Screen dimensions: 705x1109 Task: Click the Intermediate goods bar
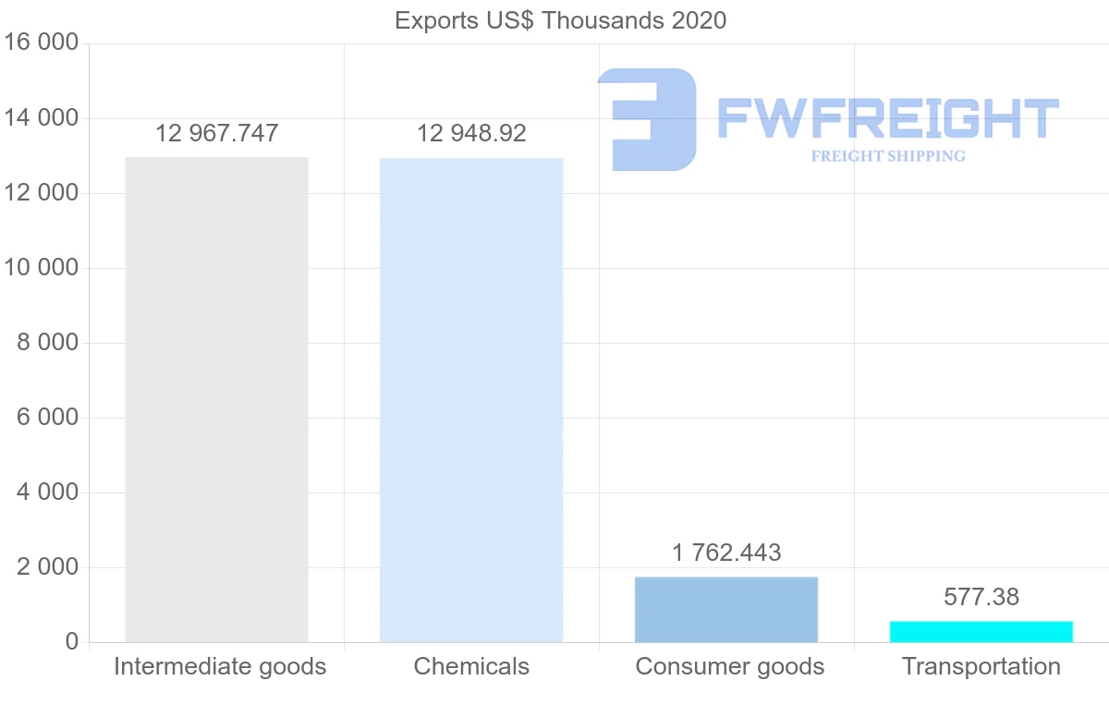pos(216,399)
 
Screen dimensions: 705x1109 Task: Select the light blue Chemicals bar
pos(471,399)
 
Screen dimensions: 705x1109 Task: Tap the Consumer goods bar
pos(726,609)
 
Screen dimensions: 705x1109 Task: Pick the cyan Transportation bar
pos(981,631)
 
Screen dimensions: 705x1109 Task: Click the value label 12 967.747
pos(216,133)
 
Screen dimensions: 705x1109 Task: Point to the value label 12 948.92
pos(471,133)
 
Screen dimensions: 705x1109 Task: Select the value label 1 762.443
pos(726,553)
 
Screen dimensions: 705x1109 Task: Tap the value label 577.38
pos(981,597)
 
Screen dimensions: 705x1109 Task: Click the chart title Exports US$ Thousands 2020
pos(560,19)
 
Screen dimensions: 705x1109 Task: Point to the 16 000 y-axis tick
pos(42,43)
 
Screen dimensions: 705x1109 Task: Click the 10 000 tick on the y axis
pos(42,268)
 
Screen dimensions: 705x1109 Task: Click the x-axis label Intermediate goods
pos(220,666)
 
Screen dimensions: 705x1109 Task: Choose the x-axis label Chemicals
pos(471,666)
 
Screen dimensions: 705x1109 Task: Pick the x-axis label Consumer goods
pos(730,666)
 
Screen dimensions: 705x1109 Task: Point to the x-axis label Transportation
pos(981,666)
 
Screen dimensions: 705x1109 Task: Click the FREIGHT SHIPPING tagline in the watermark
pos(888,156)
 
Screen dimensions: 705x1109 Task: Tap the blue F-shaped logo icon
pos(647,119)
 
